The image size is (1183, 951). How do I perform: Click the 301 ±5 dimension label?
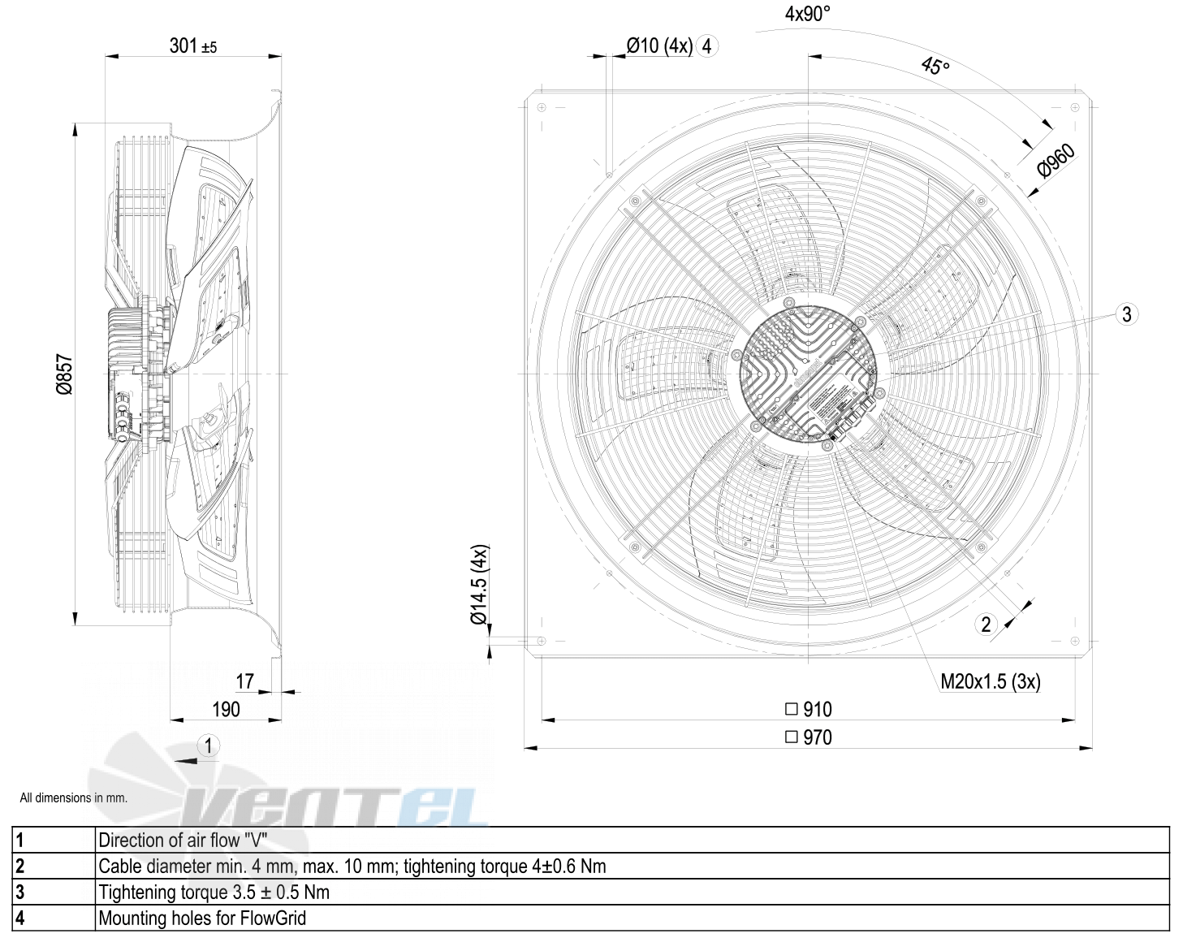click(x=193, y=46)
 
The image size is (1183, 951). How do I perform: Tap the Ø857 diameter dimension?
click(x=64, y=374)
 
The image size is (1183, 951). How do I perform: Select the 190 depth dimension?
click(x=226, y=710)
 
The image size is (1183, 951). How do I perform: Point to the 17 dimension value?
click(x=244, y=681)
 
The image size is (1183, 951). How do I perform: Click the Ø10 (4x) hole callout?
click(x=659, y=46)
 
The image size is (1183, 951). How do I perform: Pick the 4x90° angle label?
click(x=807, y=14)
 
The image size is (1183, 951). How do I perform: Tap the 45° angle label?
click(x=935, y=66)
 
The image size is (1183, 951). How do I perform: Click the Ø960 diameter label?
click(x=1056, y=161)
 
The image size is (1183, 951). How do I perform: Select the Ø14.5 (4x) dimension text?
click(x=479, y=584)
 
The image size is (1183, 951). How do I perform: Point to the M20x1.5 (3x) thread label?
click(x=990, y=682)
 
